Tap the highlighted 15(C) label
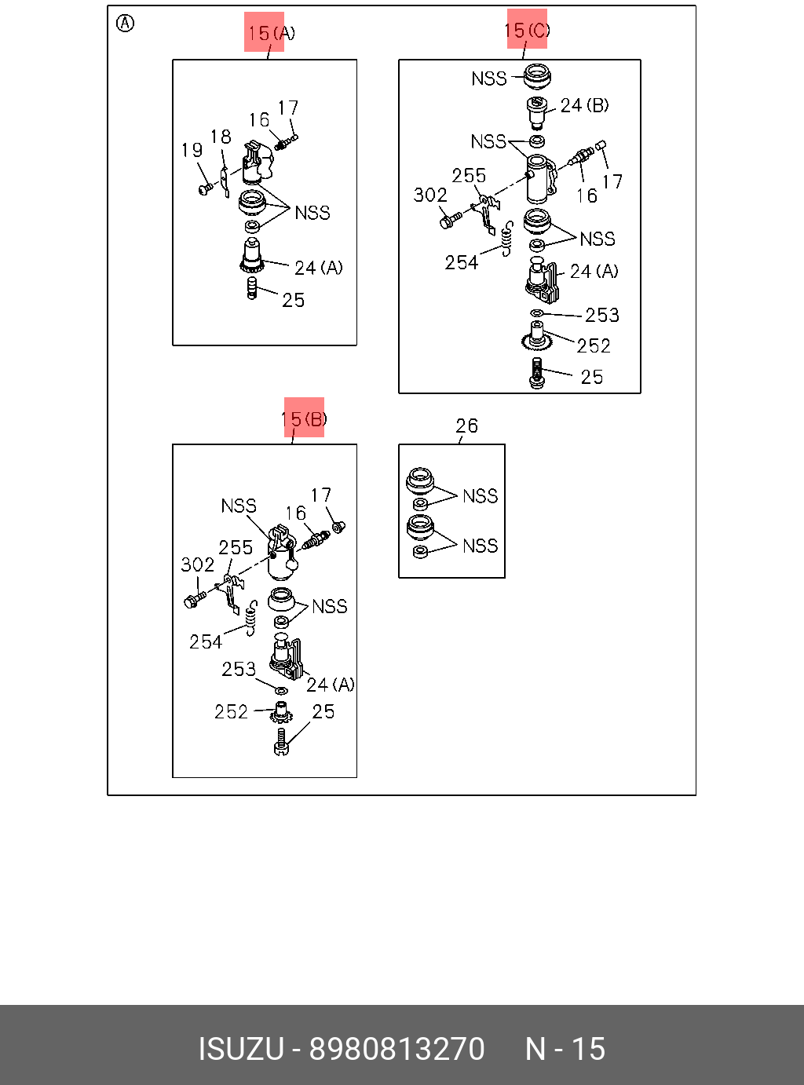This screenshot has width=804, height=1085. [x=527, y=30]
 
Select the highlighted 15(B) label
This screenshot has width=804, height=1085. [x=304, y=418]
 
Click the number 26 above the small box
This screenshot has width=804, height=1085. [x=466, y=426]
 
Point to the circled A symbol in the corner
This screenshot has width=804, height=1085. [x=125, y=24]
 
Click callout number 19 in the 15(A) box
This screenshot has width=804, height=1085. [x=192, y=150]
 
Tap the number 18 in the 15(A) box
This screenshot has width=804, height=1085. [x=221, y=137]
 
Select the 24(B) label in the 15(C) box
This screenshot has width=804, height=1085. [x=584, y=105]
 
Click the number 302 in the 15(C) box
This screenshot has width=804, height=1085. [x=430, y=195]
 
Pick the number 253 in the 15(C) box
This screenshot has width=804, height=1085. [x=602, y=315]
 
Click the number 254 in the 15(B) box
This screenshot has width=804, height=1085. [x=206, y=641]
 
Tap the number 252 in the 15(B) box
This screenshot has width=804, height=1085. [x=231, y=711]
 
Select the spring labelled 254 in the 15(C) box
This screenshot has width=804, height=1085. [x=507, y=238]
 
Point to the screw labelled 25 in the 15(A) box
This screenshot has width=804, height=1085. [x=252, y=288]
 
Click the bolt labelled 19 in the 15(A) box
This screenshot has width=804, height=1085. [x=206, y=189]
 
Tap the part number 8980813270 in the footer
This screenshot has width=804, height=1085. [x=397, y=1049]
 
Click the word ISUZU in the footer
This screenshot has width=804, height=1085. [x=241, y=1049]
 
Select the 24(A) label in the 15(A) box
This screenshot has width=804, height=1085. [x=318, y=268]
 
